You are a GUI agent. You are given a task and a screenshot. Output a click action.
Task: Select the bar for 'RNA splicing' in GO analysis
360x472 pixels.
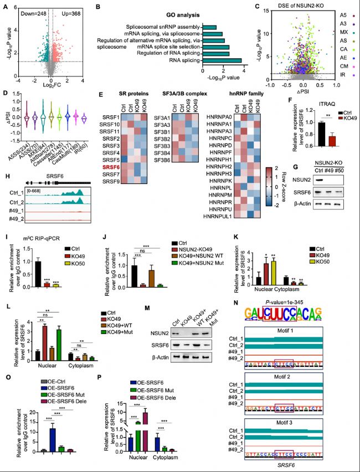pyautogui.click(x=222, y=60)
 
